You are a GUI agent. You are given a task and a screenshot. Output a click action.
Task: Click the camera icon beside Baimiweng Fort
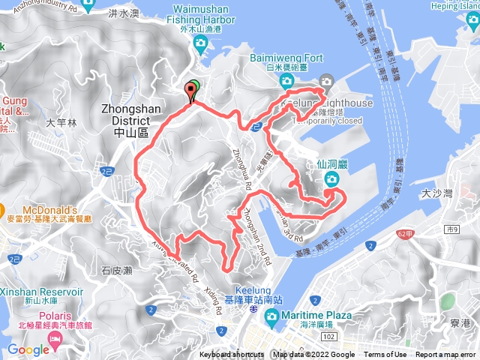[x=326, y=81]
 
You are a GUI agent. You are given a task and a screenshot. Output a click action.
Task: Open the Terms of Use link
[x=385, y=355]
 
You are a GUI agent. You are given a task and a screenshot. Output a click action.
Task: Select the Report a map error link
[x=445, y=355]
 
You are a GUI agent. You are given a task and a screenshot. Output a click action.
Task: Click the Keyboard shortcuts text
[x=232, y=355]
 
